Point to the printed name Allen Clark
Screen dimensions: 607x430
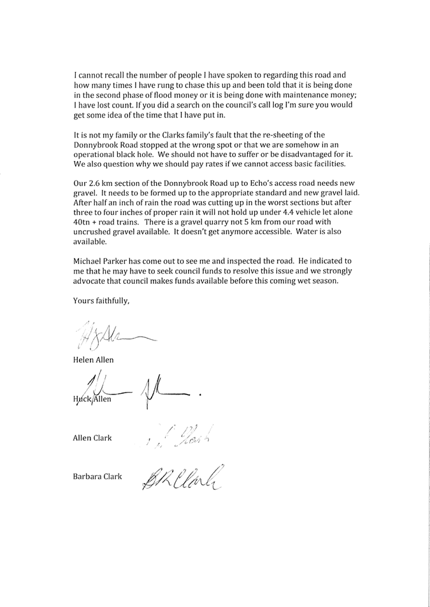point(93,438)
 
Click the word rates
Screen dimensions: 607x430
point(221,164)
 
